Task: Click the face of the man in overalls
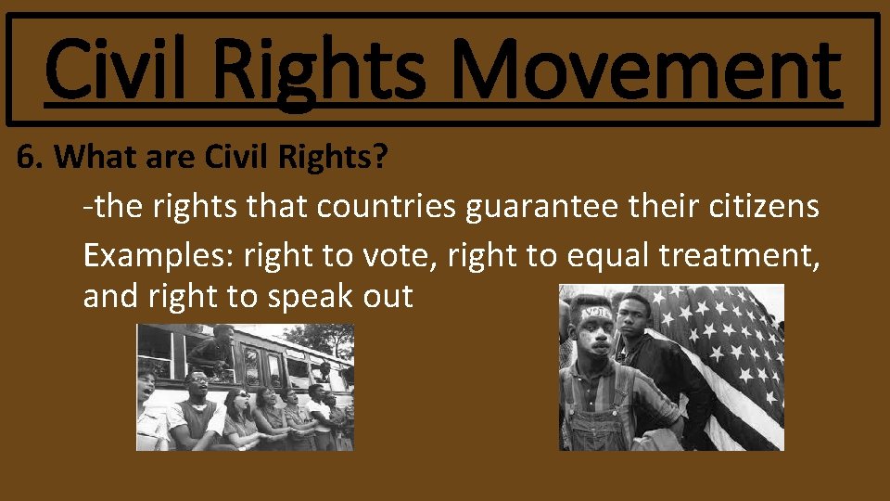point(595,333)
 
